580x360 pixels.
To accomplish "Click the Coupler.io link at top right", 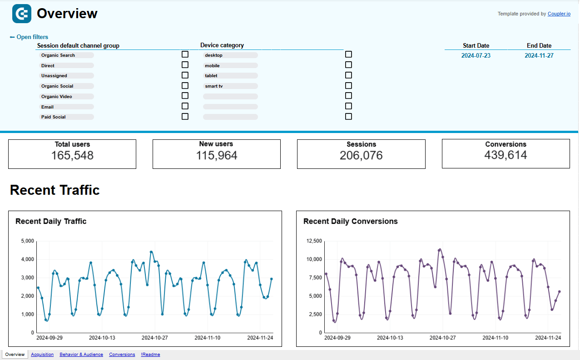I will tap(559, 14).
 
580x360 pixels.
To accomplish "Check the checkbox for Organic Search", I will tap(185, 54).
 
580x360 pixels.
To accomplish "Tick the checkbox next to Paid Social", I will tap(185, 116).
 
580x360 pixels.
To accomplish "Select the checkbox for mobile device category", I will tap(348, 65).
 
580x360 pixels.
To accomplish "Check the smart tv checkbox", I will tap(348, 85).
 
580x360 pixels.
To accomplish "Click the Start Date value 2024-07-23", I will tap(476, 55).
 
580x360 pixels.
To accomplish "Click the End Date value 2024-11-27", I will tap(539, 55).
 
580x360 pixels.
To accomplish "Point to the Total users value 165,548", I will tap(72, 156).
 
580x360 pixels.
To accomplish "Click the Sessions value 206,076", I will tap(361, 156).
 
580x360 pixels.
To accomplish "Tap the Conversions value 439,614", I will tap(506, 155).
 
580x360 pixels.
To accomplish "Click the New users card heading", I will tap(216, 144).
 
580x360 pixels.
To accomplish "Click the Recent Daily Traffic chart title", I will tap(51, 222).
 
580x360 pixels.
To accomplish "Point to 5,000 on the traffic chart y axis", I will tap(27, 241).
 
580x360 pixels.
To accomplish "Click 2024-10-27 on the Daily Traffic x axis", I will tap(154, 338).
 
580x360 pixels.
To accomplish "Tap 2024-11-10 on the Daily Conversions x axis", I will tap(496, 338).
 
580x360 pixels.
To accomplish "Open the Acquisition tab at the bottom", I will tap(42, 355).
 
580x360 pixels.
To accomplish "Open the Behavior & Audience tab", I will tap(81, 355).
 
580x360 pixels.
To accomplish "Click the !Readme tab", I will tap(150, 355).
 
